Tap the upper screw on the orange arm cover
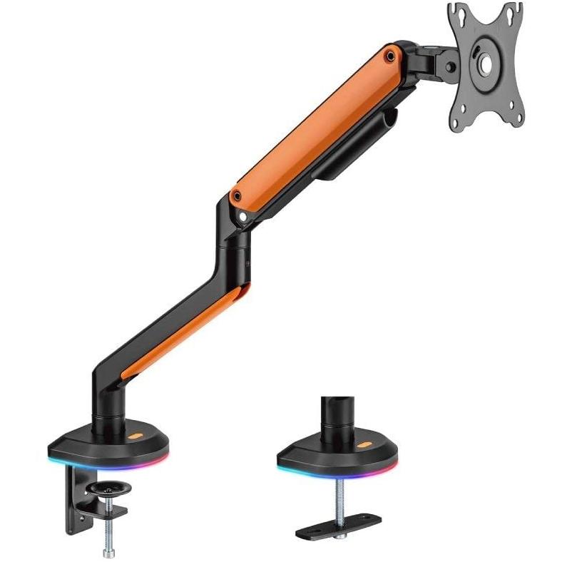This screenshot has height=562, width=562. click(x=390, y=54)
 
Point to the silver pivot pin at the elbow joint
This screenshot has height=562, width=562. click(x=244, y=213)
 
